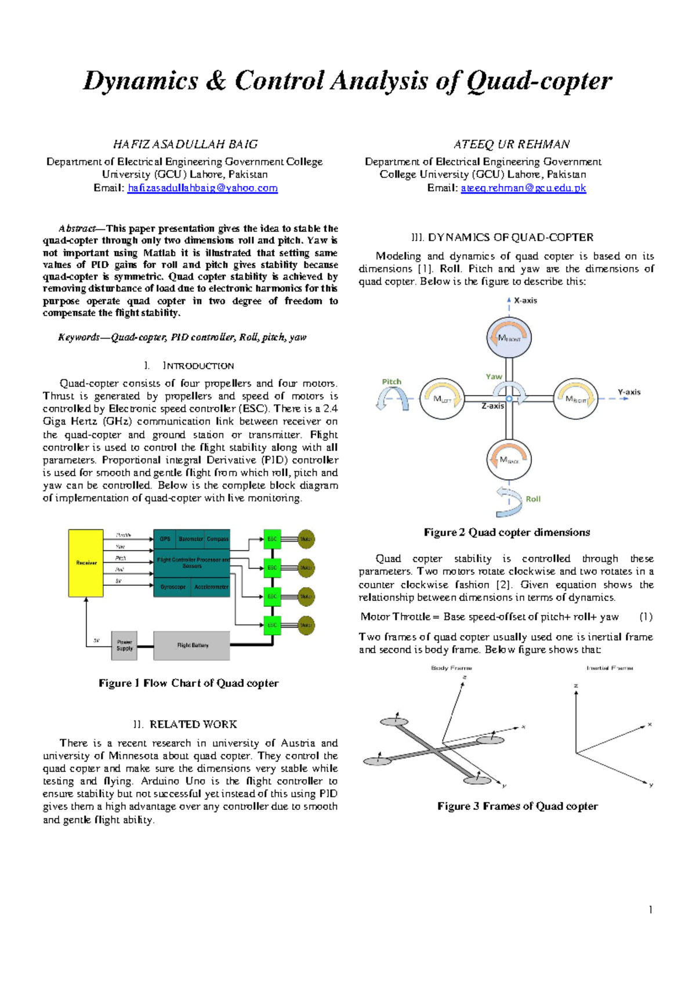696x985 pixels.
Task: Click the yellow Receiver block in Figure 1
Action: click(x=86, y=563)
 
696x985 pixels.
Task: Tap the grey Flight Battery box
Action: click(x=192, y=645)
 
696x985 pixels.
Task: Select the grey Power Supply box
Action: click(x=124, y=645)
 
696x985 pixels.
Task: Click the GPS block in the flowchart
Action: click(x=165, y=539)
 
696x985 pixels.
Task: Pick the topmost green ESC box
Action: click(x=272, y=539)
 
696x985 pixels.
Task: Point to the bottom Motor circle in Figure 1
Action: click(x=306, y=625)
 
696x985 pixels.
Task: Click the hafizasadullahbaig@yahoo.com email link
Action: click(x=202, y=188)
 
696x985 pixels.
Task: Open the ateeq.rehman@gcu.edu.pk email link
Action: click(x=523, y=188)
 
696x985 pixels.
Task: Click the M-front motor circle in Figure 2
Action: click(x=509, y=338)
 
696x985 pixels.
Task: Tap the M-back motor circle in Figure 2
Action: click(x=509, y=459)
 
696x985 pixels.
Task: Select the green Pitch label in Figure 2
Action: click(x=391, y=381)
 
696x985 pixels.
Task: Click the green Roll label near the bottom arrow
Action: click(x=533, y=499)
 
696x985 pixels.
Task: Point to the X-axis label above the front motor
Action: click(x=525, y=300)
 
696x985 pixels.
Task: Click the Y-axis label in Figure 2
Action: click(x=629, y=392)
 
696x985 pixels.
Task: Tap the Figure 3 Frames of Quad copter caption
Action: click(x=517, y=806)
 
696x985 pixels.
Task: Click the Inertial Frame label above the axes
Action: click(x=610, y=668)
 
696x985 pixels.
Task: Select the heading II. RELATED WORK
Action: click(x=185, y=724)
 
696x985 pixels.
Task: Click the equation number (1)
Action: click(x=646, y=617)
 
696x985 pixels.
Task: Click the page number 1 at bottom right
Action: click(x=651, y=910)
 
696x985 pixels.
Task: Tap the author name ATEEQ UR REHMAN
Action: click(x=512, y=144)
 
